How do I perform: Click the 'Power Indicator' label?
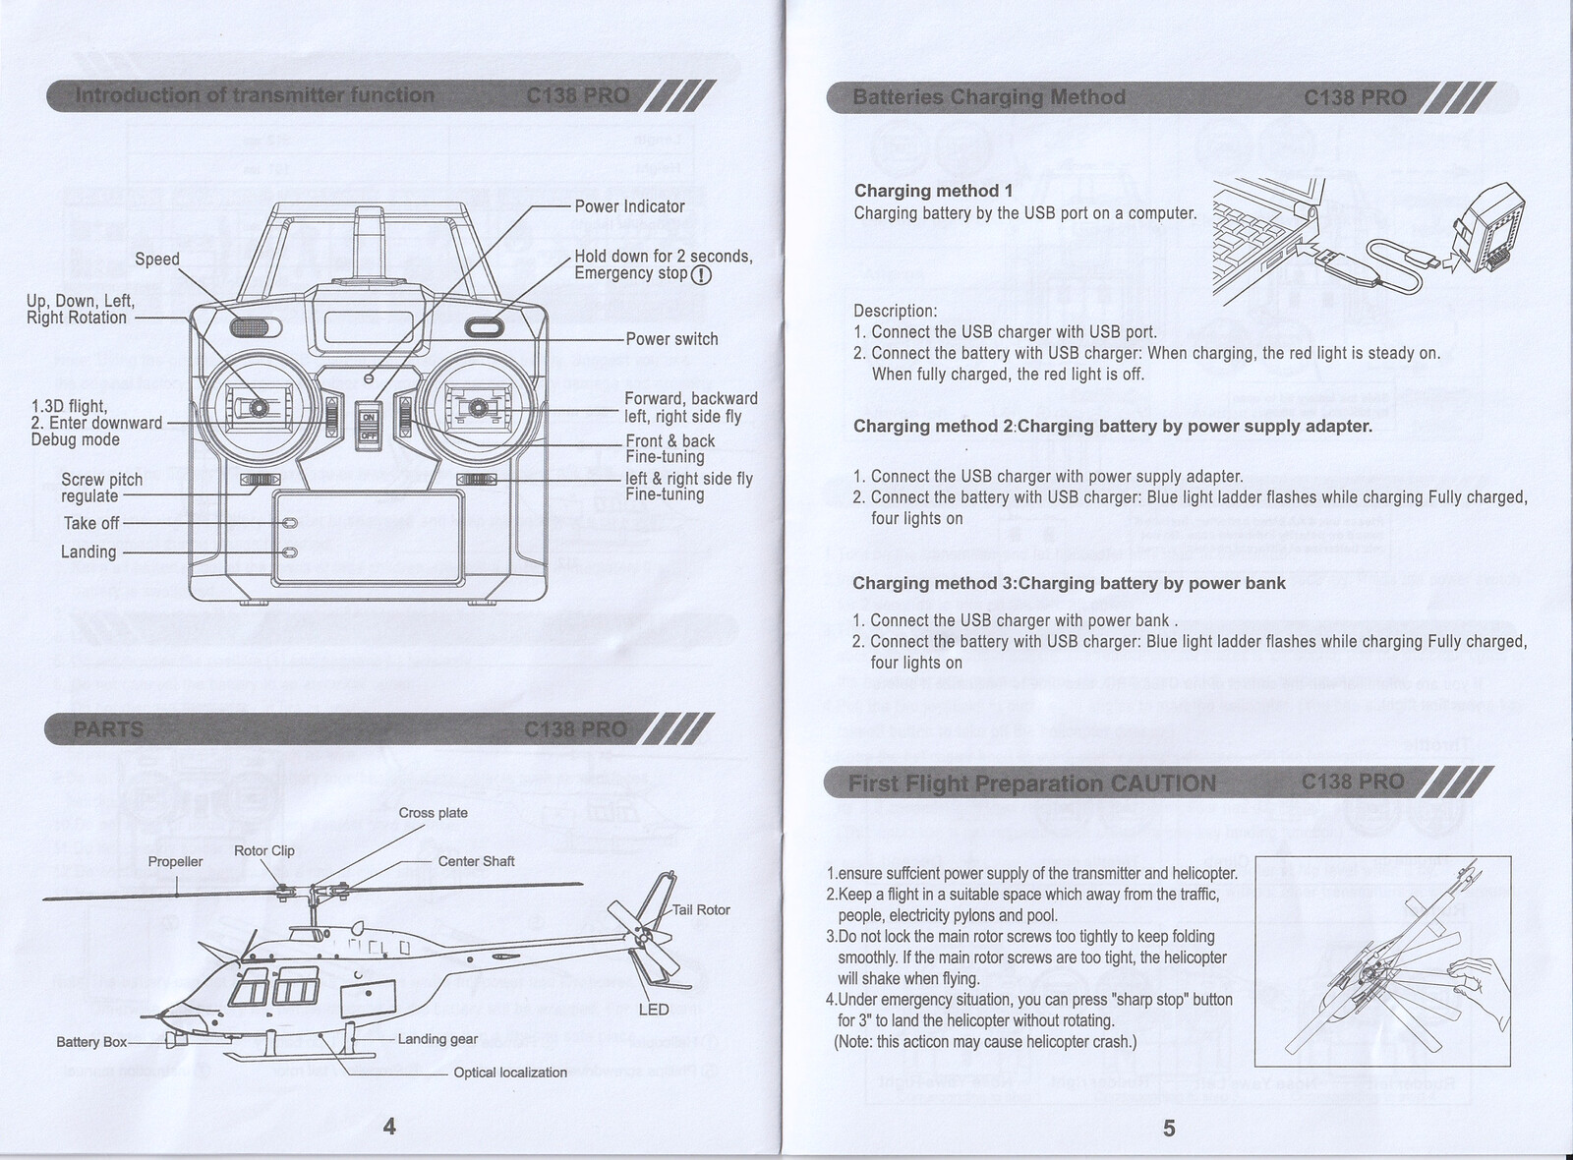click(629, 206)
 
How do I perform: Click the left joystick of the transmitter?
click(260, 407)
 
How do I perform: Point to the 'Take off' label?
click(91, 523)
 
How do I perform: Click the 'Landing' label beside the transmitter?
click(88, 552)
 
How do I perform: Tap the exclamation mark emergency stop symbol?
click(701, 275)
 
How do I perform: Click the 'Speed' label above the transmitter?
click(157, 260)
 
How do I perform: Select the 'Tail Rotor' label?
click(701, 910)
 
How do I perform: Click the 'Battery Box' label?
click(91, 1042)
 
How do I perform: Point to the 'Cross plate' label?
click(434, 813)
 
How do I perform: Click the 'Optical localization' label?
click(510, 1073)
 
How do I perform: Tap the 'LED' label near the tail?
click(654, 1010)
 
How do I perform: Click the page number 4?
click(389, 1128)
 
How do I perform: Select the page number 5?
click(1169, 1129)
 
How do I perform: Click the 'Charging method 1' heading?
click(933, 191)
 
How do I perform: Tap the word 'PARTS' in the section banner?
click(108, 729)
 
